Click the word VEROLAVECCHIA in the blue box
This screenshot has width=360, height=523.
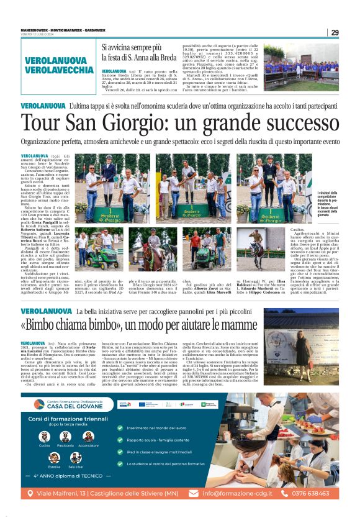60,70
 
